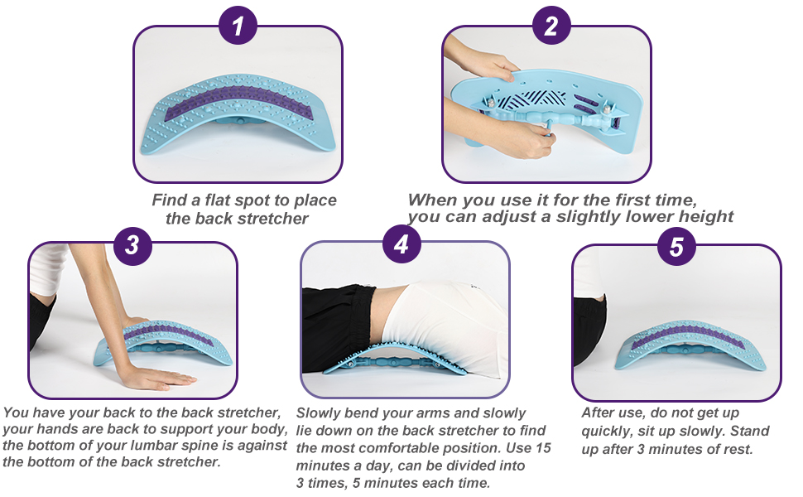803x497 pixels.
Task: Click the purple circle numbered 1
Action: point(238,25)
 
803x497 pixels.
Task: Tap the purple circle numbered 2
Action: point(551,25)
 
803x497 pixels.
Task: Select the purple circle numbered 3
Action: point(132,244)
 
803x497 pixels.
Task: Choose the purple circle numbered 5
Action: point(677,246)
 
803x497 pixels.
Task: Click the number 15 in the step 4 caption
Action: point(543,448)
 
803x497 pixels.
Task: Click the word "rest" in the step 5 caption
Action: point(738,449)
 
